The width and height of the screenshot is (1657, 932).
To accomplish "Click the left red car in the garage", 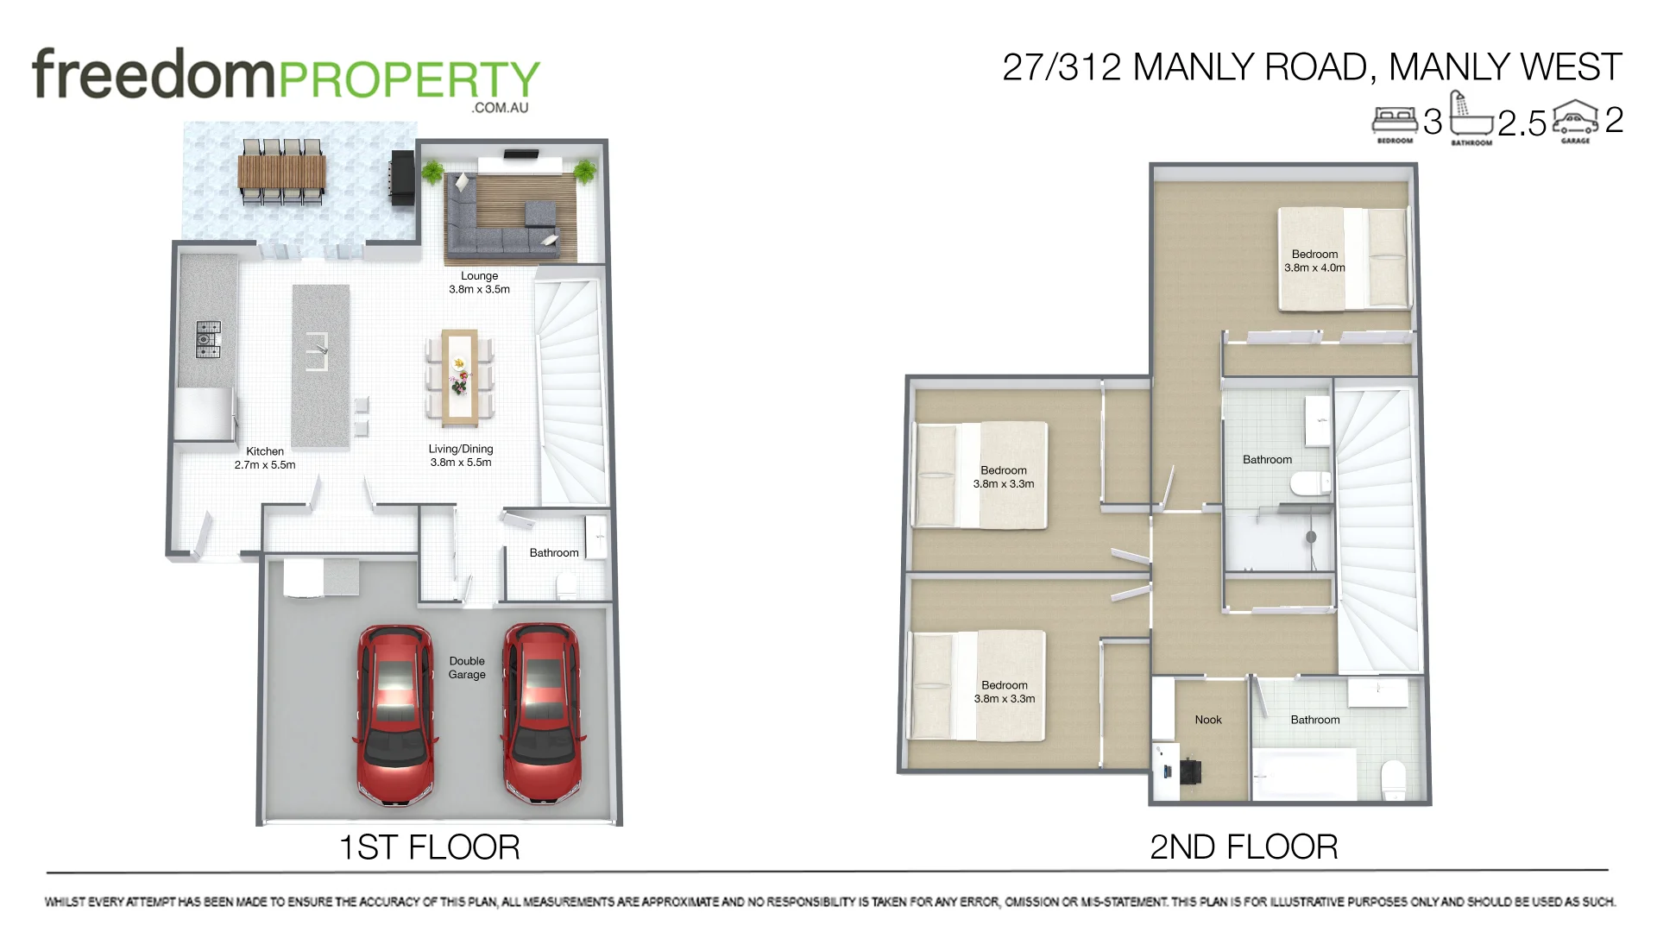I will coord(395,715).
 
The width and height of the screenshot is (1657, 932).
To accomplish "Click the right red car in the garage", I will coord(542,715).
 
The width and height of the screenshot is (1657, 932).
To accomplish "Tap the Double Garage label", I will coord(467,668).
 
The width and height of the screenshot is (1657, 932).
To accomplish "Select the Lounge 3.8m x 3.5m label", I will coord(479,282).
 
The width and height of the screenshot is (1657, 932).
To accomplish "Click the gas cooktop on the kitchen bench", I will coord(208,339).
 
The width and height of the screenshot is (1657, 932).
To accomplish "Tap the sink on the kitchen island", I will coord(318,350).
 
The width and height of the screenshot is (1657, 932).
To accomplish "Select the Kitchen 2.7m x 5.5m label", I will coord(265,458).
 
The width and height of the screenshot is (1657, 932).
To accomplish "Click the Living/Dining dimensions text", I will coord(461,463).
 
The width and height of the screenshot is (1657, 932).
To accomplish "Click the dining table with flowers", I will coord(460,377).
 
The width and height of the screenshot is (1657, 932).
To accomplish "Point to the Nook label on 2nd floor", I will coord(1208,720).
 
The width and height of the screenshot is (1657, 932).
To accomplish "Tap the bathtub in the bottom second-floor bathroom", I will coord(1303,775).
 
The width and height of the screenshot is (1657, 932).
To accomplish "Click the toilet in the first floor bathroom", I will coord(567,588).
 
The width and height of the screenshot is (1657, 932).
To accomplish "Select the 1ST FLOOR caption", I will coord(429,847).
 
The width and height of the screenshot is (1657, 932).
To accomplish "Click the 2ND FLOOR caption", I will coord(1244,847).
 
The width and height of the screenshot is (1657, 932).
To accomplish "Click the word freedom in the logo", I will coord(153,74).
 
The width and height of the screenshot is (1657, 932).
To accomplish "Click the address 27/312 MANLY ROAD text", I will coord(1187,67).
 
